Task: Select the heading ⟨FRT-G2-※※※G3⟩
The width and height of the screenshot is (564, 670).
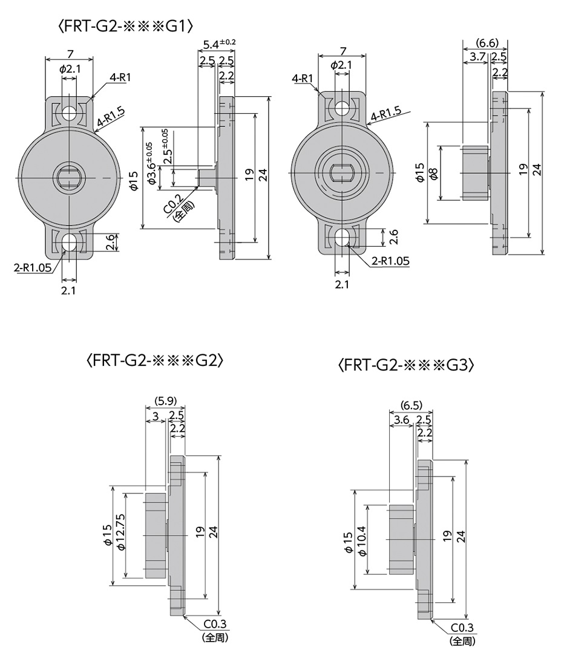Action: pos(406,366)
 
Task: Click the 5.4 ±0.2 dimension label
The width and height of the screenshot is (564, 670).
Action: pos(220,44)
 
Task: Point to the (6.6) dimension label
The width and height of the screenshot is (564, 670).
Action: pos(487,43)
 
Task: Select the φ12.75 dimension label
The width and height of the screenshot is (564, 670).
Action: pos(120,532)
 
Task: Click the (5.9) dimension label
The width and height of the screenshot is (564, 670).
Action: pos(165,400)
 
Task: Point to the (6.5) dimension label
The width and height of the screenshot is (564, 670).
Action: pos(412,405)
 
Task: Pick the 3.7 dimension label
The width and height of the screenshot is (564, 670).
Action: pos(477,57)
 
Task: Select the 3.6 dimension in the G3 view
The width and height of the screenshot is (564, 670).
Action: pos(401,420)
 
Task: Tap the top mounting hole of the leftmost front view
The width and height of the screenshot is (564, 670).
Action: pos(70,112)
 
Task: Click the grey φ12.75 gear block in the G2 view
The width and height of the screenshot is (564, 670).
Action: pos(156,536)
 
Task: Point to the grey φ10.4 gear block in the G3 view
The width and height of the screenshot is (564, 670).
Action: pos(401,539)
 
